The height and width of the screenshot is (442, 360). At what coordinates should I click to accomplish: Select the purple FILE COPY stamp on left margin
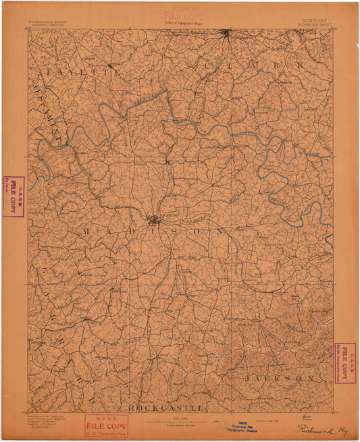(x=14, y=196)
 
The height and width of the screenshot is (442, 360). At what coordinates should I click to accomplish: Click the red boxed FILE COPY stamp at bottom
(x=106, y=426)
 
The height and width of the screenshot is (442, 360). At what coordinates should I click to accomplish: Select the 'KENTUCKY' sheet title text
(x=311, y=20)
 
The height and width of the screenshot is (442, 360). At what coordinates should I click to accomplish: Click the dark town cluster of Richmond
(x=155, y=219)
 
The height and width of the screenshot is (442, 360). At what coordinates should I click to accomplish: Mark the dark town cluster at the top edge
(x=226, y=32)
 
